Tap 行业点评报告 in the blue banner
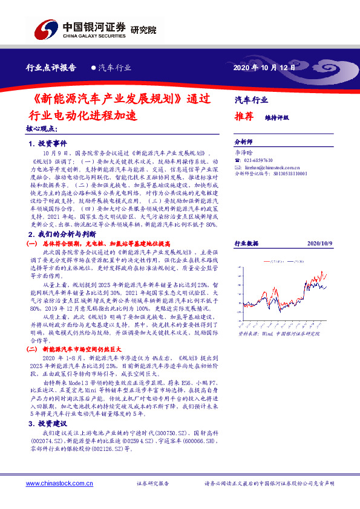coord(50,68)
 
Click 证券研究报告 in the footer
coord(152,484)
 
